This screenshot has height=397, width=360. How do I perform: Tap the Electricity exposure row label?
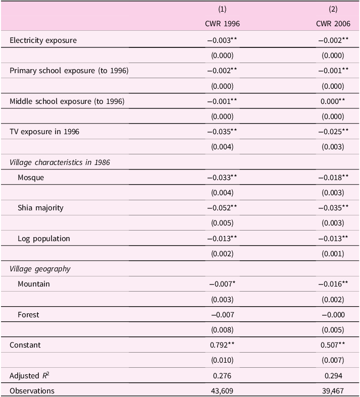43,40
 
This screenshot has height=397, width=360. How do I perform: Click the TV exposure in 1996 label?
44,132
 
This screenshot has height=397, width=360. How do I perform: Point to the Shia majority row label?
40,208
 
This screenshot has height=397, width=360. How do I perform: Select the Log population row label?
43,238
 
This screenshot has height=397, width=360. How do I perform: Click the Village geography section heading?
40,269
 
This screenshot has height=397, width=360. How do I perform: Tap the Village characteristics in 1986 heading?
60,162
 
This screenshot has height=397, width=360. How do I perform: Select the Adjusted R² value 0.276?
222,376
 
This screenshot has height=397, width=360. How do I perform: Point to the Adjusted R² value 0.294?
331,376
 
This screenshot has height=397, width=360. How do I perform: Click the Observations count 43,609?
222,391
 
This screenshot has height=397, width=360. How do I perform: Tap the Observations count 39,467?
331,391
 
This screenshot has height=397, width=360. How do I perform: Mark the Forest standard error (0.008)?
222,330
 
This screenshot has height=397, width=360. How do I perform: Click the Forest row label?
28,315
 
